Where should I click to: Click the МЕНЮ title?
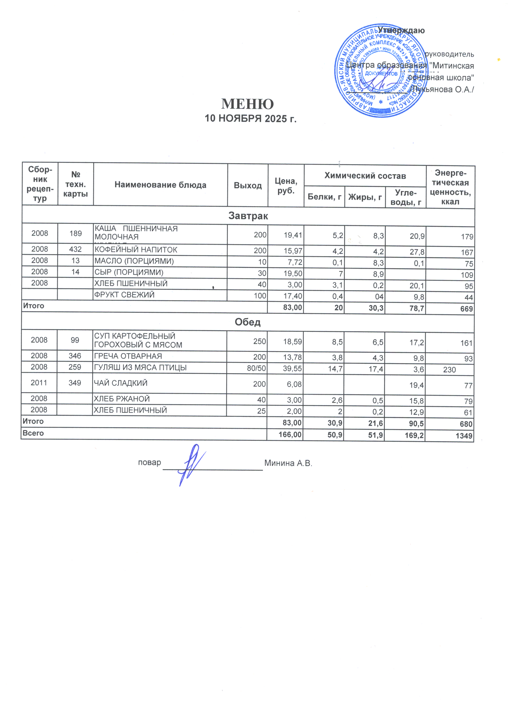(x=247, y=104)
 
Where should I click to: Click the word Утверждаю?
(x=401, y=30)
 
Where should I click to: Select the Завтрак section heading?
(x=248, y=216)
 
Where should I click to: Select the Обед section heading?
(x=247, y=322)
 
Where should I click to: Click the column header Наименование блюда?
(x=160, y=185)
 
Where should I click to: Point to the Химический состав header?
(x=365, y=176)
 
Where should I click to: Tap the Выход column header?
(x=247, y=186)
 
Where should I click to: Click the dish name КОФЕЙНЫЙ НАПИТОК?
(x=136, y=250)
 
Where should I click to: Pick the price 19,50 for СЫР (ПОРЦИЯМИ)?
(x=293, y=274)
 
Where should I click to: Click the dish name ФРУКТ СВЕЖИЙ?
(x=124, y=295)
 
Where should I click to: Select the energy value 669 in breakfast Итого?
(x=466, y=309)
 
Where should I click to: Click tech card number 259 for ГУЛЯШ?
(x=75, y=367)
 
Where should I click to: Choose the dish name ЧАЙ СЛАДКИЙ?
(x=121, y=383)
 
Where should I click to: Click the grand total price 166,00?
(x=290, y=435)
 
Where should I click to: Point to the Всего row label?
(x=33, y=433)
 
